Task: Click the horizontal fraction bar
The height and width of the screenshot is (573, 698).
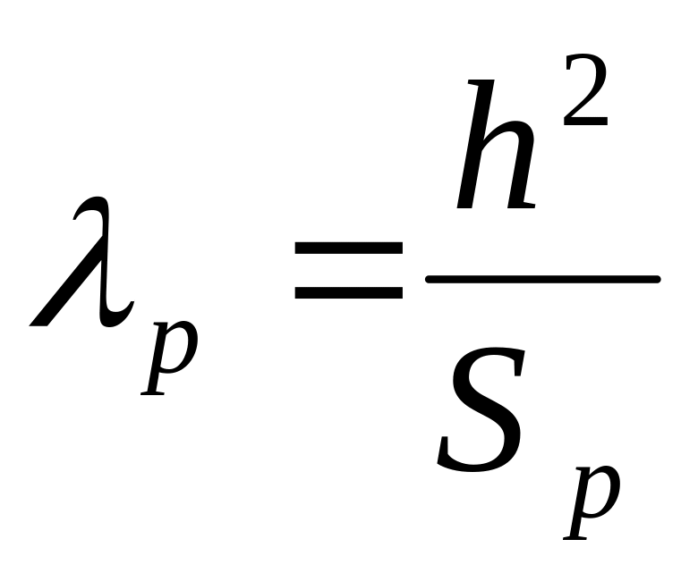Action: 542,281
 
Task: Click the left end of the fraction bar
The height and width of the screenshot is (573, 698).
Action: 431,281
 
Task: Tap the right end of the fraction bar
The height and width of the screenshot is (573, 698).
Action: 655,281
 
